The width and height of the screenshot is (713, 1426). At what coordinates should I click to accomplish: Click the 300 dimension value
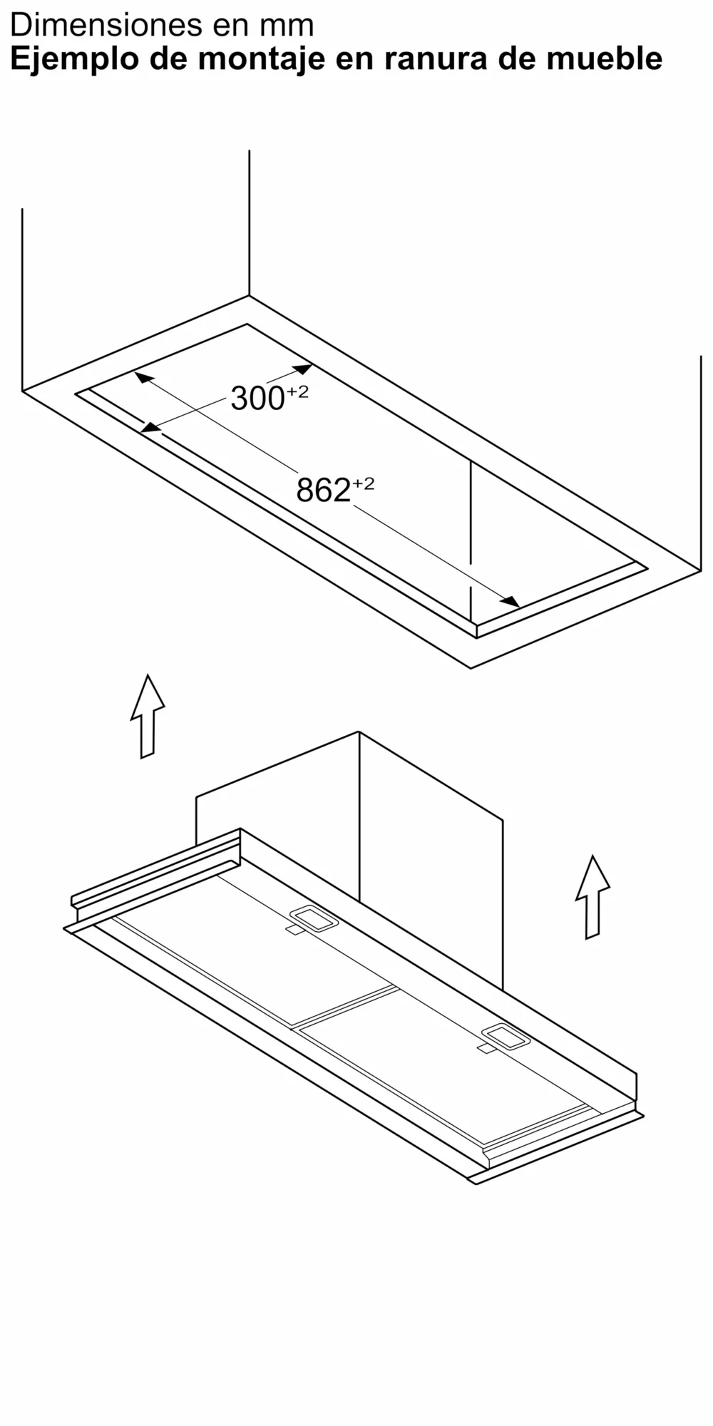pos(257,399)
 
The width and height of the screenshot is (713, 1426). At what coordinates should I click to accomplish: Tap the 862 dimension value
pos(323,491)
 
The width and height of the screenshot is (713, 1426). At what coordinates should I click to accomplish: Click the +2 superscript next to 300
pos(298,391)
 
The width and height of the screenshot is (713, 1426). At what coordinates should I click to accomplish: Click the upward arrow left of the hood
pos(148,716)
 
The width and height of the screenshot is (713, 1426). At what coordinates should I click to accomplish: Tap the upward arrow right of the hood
pos(593,897)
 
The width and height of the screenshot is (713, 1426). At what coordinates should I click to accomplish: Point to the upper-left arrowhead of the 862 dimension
pos(144,378)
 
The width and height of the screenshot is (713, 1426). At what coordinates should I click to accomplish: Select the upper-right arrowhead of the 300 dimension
pos(302,369)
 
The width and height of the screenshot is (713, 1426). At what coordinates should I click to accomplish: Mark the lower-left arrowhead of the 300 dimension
pos(150,428)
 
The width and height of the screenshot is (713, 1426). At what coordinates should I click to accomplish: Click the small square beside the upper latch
pos(294,930)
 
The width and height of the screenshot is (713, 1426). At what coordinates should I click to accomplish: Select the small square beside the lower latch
pos(485,1048)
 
